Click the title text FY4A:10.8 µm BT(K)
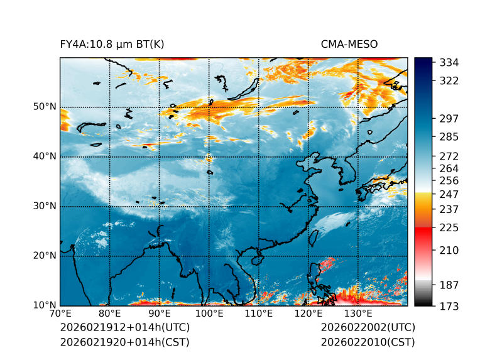pyautogui.click(x=112, y=44)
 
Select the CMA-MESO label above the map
pyautogui.click(x=349, y=44)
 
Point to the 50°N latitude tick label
pyautogui.click(x=45, y=107)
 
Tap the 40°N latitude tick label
pyautogui.click(x=45, y=156)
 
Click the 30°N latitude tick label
pyautogui.click(x=45, y=206)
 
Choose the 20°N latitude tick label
pyautogui.click(x=45, y=256)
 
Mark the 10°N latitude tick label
pyautogui.click(x=45, y=305)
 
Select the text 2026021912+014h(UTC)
pyautogui.click(x=124, y=327)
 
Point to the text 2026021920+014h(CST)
pyautogui.click(x=124, y=342)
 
